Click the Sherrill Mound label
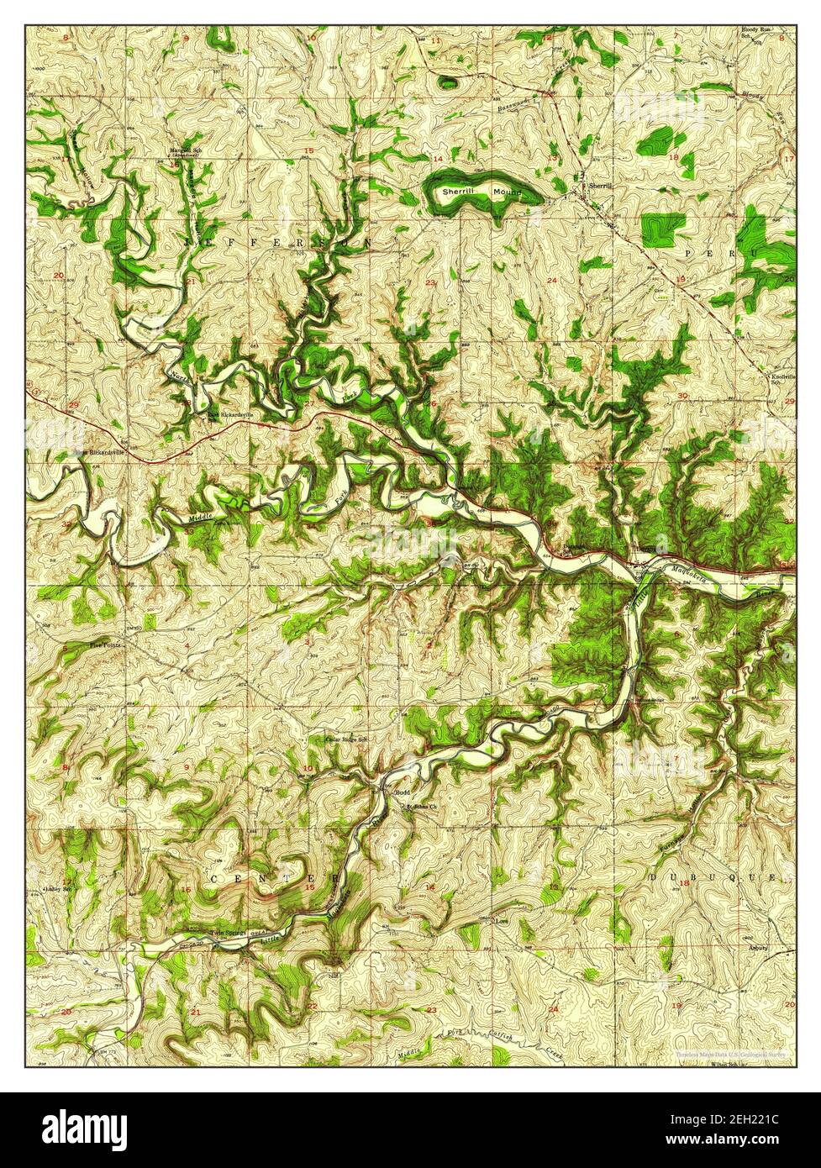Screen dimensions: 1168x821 tap(482, 192)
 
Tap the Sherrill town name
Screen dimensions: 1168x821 tap(600, 185)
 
